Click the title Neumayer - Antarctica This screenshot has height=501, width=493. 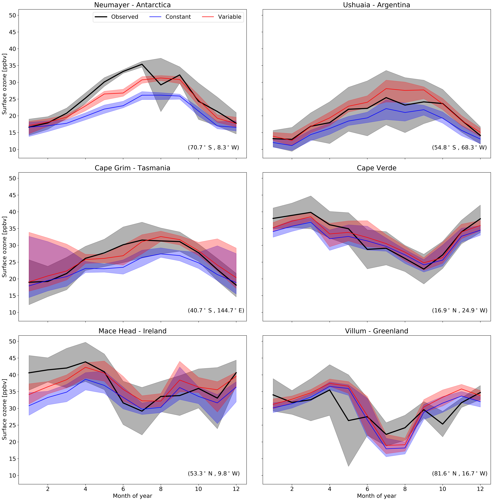(x=132, y=5)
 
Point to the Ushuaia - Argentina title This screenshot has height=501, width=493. (x=376, y=5)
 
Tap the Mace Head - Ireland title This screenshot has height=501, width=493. (x=132, y=331)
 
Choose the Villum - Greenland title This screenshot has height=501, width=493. (x=376, y=331)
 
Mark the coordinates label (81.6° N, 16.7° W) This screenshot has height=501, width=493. (x=459, y=474)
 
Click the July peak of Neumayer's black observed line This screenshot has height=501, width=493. (x=142, y=64)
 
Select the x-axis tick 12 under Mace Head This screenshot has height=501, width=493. (x=236, y=489)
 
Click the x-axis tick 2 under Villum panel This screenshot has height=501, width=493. (x=292, y=489)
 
